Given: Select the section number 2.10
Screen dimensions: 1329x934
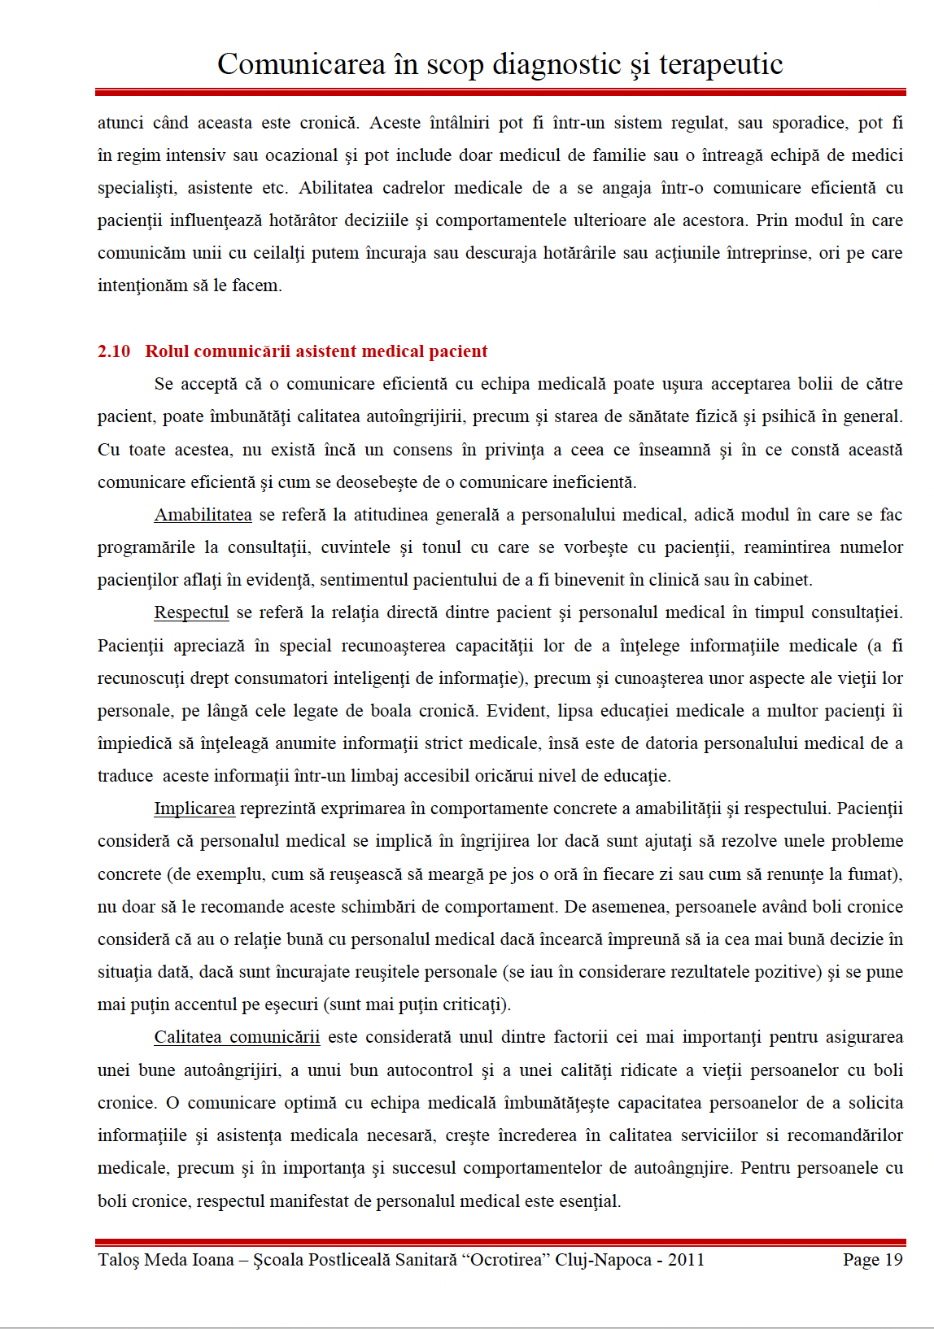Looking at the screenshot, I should [114, 351].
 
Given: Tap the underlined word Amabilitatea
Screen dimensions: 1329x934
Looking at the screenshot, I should [203, 515].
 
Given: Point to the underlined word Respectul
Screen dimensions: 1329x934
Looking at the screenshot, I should [191, 612].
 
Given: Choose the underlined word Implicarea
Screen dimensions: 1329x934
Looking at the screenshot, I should [194, 808].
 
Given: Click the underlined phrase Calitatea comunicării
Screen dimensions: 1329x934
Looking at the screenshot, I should [237, 1037].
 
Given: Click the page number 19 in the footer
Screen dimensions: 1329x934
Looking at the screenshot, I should [893, 1260].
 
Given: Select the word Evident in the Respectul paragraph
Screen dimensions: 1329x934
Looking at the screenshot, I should [516, 711].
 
